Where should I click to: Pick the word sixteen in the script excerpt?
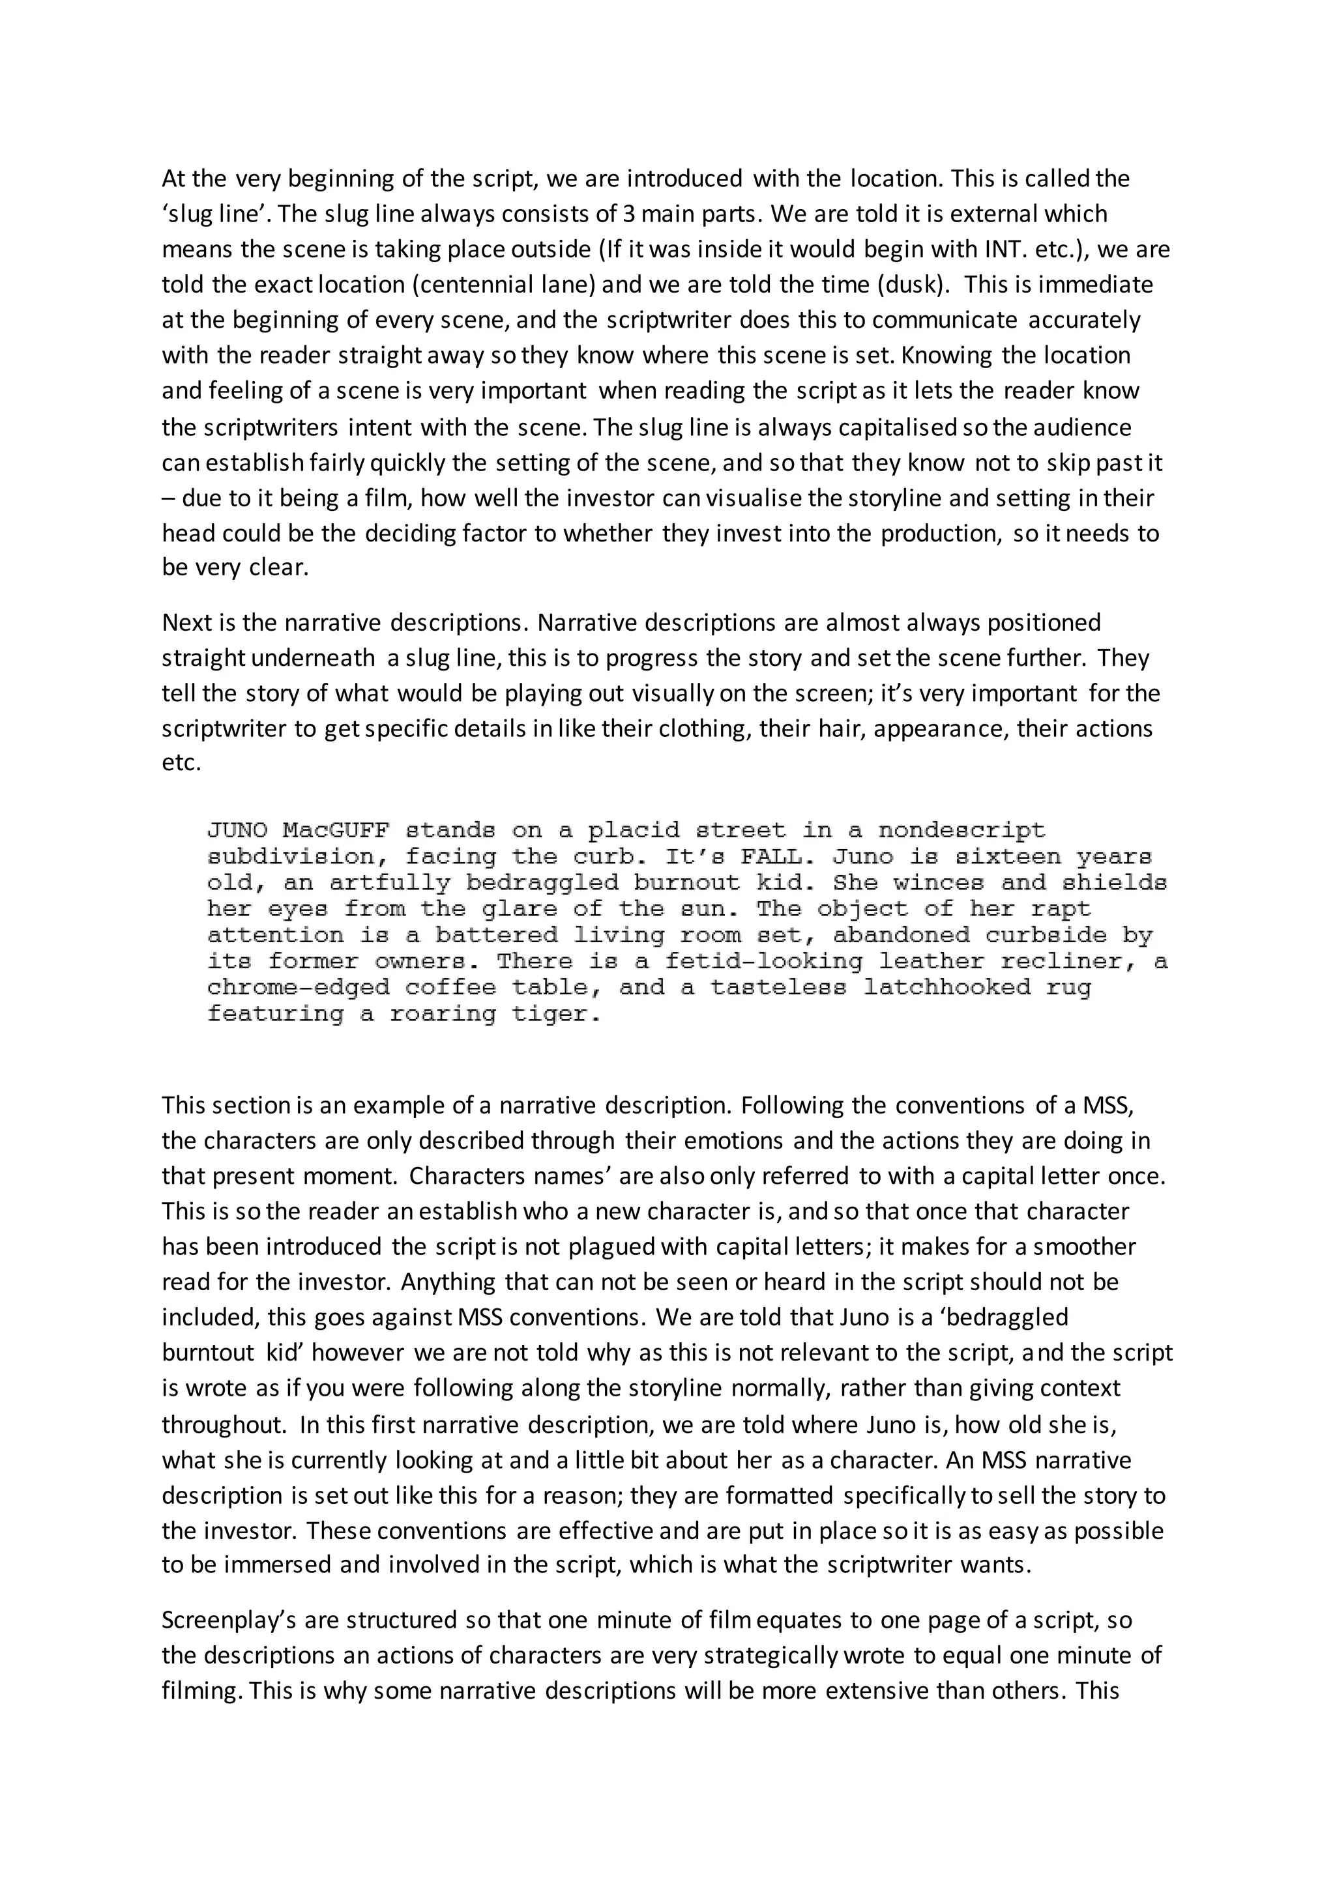tap(1007, 857)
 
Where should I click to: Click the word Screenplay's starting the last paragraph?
tap(227, 1620)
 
